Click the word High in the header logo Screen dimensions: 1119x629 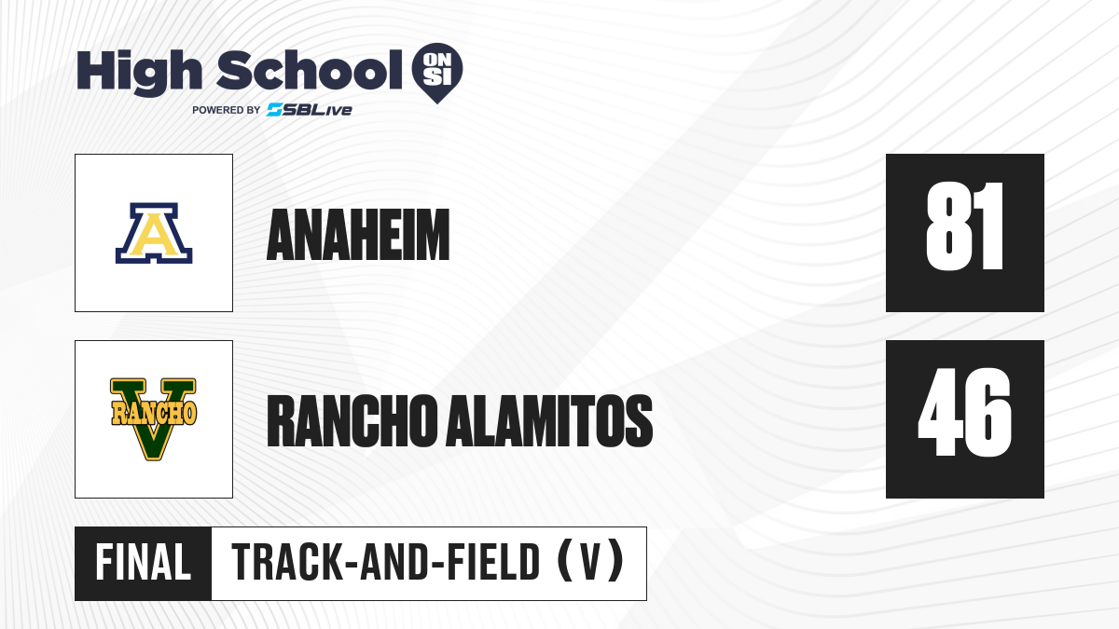(x=139, y=73)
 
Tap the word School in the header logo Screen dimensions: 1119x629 (x=310, y=70)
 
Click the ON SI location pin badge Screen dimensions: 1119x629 (x=437, y=73)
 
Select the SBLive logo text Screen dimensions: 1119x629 (x=310, y=110)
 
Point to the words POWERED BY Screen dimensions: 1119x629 (x=227, y=110)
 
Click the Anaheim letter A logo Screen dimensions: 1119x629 (x=154, y=233)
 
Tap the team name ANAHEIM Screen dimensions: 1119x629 (x=358, y=235)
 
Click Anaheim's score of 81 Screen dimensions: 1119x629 (x=964, y=226)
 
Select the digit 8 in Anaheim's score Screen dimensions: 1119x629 (x=946, y=226)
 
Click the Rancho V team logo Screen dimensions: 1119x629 (x=153, y=419)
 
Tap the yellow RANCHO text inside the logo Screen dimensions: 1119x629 (x=153, y=413)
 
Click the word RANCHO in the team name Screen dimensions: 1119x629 (x=352, y=421)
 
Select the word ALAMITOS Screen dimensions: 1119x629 (x=549, y=421)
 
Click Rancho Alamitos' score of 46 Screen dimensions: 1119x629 (x=964, y=412)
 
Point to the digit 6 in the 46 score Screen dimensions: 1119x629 (x=989, y=412)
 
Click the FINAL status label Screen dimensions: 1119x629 (x=144, y=563)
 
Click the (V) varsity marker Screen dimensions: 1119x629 (x=591, y=562)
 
